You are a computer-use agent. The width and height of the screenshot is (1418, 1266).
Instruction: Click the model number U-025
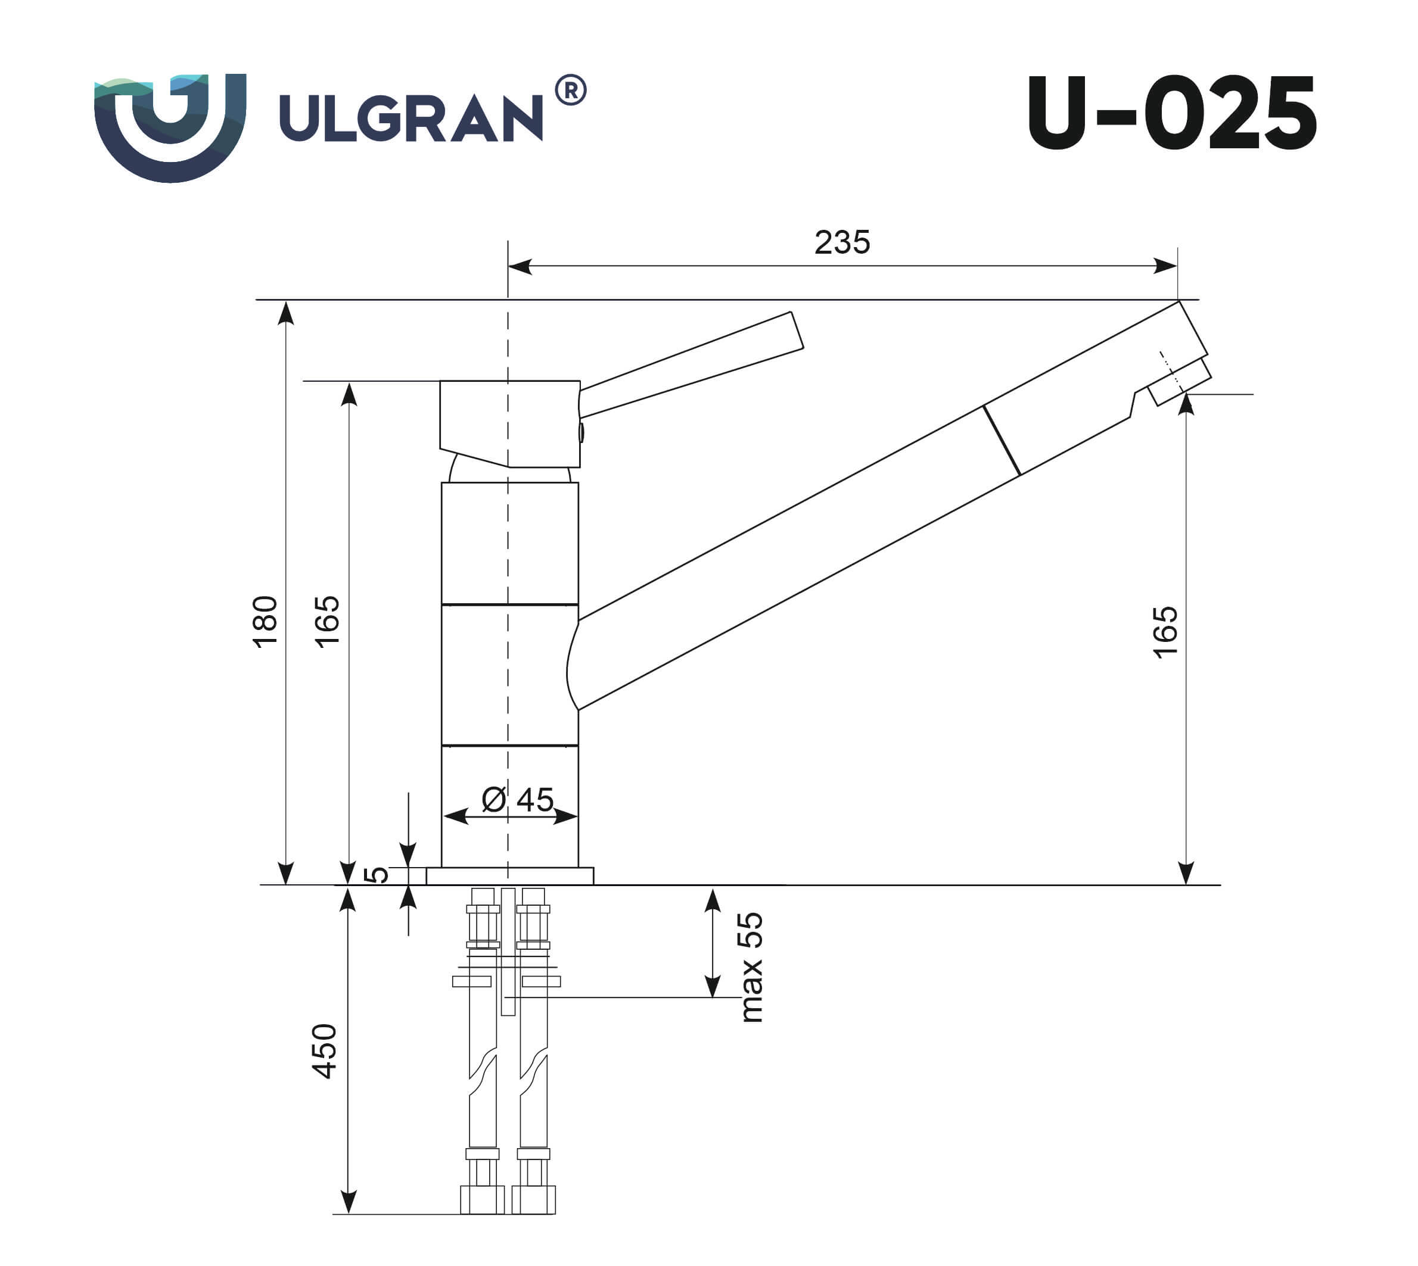click(1171, 113)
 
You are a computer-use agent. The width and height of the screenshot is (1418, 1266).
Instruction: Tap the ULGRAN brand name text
click(411, 119)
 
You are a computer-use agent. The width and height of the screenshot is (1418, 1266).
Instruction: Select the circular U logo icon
click(170, 127)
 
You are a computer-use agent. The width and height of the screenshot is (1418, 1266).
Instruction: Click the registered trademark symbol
click(571, 91)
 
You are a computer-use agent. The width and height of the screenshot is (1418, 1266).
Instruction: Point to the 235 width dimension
click(842, 243)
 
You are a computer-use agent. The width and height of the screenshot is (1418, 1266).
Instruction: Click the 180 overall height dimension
click(265, 621)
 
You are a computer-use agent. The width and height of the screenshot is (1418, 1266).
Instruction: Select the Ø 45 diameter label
click(517, 800)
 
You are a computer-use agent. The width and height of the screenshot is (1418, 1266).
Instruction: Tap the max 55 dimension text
click(751, 967)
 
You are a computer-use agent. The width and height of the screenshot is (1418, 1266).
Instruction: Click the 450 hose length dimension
click(325, 1051)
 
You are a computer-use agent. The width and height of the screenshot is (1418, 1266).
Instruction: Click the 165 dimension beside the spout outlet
click(1165, 632)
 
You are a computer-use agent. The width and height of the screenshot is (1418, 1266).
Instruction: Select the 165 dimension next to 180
click(327, 621)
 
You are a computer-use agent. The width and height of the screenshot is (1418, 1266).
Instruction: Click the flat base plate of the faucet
click(509, 876)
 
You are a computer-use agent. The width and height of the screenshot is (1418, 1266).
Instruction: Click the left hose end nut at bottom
click(482, 1200)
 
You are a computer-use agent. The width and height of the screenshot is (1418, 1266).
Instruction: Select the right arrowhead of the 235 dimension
click(1165, 266)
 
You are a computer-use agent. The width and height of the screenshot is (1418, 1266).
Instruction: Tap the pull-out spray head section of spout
click(1086, 397)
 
